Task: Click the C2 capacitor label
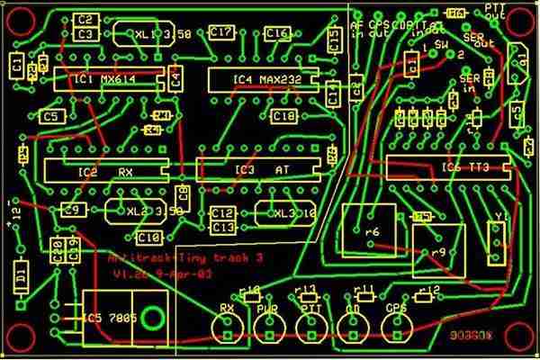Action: coord(86,19)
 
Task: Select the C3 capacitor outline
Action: coord(86,34)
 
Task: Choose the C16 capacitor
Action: coord(277,34)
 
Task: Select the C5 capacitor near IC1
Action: coord(52,117)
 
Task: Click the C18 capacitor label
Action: coord(283,116)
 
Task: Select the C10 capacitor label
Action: coord(148,237)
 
